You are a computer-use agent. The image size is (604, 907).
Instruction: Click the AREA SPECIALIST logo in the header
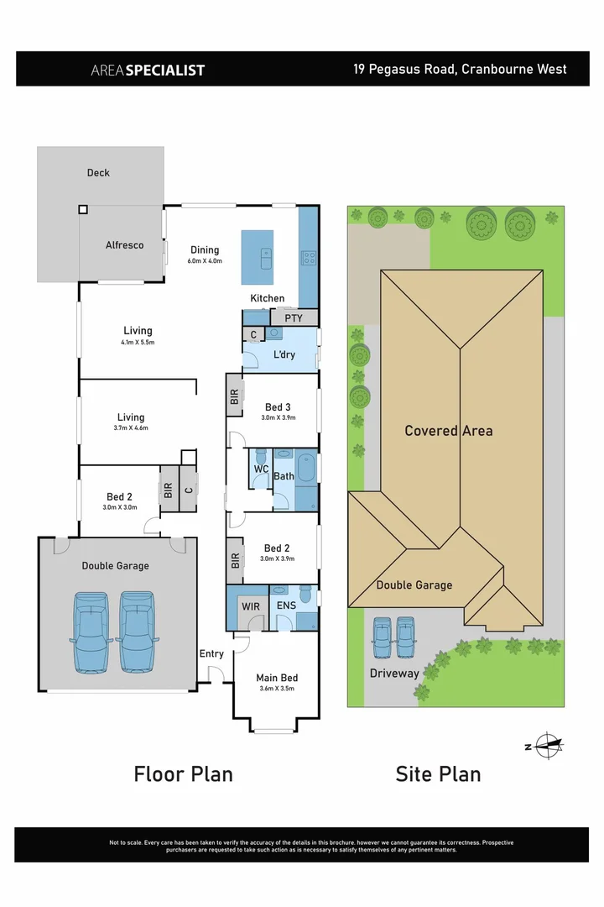(148, 70)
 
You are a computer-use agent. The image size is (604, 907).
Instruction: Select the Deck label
(98, 173)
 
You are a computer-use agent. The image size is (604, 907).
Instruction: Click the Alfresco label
(124, 245)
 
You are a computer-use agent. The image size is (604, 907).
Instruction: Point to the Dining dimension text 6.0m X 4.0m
(204, 261)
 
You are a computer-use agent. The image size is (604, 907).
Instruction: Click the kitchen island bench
(258, 257)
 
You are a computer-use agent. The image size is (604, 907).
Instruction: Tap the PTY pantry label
(293, 318)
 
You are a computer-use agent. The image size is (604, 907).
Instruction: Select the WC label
(261, 468)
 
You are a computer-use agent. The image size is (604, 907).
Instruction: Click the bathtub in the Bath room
(306, 467)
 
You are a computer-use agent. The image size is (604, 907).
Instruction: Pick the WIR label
(250, 605)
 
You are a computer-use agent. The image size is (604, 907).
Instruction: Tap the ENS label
(285, 605)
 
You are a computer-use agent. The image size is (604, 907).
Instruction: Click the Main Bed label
(277, 678)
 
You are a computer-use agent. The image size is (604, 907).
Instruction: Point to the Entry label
(211, 654)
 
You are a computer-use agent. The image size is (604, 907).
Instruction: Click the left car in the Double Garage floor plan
(91, 632)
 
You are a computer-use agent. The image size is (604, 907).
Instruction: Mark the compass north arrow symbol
(546, 745)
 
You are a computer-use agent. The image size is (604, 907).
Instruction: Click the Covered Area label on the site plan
(449, 431)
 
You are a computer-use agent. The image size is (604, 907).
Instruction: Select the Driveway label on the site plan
(394, 674)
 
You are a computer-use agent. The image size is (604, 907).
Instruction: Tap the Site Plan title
(438, 773)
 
